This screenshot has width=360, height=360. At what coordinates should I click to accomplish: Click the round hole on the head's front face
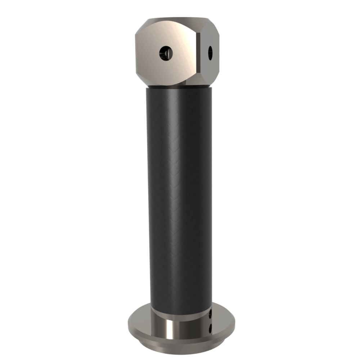pyautogui.click(x=166, y=54)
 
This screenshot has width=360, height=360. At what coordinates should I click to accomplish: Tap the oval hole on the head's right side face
pyautogui.click(x=210, y=53)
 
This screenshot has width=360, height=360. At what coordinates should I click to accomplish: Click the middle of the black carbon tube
pyautogui.click(x=179, y=198)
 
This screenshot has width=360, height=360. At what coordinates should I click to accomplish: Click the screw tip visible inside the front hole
pyautogui.click(x=164, y=54)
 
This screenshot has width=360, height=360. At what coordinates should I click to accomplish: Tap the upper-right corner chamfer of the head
pyautogui.click(x=214, y=25)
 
